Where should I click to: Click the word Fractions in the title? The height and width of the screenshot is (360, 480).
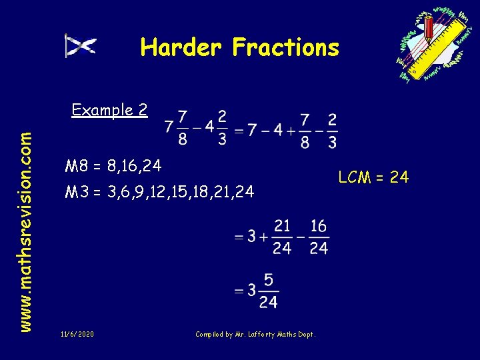pos(285,47)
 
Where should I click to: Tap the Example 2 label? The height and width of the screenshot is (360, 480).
pos(109,110)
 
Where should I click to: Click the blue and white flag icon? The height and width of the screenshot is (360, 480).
pos(80,45)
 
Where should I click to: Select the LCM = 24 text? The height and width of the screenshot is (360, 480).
pos(373,177)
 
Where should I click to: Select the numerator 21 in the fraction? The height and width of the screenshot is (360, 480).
pos(282,226)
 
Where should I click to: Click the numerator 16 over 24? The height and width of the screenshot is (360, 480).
pos(318,226)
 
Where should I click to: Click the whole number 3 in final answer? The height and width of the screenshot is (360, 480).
pos(251,290)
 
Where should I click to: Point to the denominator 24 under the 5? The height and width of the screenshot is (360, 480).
pos(267,302)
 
